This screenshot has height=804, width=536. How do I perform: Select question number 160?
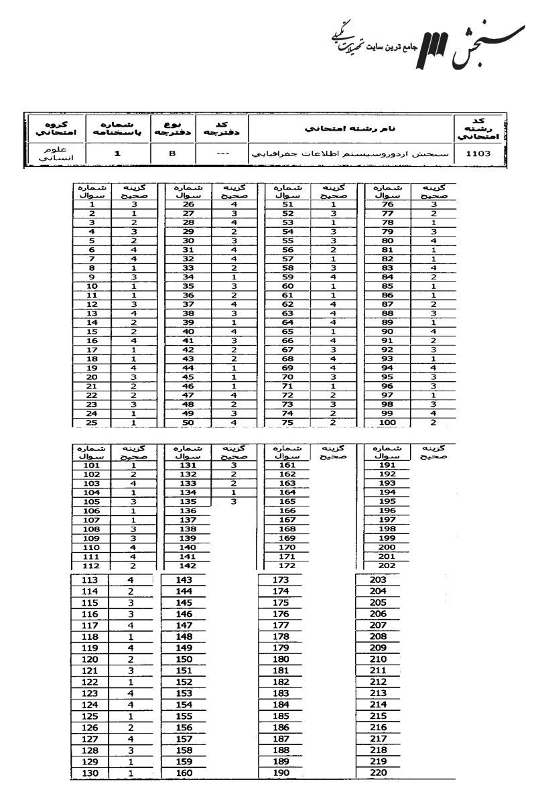(184, 773)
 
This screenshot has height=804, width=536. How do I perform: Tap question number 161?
(287, 465)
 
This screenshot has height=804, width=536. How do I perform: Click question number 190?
(281, 773)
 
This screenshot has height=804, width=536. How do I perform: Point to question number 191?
(385, 465)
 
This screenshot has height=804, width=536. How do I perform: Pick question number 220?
(379, 773)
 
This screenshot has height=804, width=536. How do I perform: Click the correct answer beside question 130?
(131, 773)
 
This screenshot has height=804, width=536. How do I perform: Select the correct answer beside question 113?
(131, 580)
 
